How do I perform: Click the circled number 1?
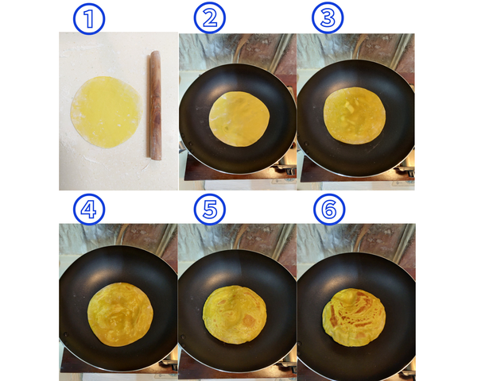click(x=89, y=19)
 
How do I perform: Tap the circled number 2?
click(x=210, y=17)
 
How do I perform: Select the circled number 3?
click(x=328, y=17)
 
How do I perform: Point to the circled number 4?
click(x=89, y=210)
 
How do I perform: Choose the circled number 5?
click(x=210, y=210)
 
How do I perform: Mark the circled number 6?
click(x=329, y=210)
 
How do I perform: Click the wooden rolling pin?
click(x=155, y=105)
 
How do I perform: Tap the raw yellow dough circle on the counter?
click(x=107, y=112)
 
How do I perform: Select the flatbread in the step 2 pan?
click(x=239, y=119)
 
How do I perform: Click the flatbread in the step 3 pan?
click(x=355, y=115)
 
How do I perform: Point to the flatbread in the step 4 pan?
click(x=121, y=314)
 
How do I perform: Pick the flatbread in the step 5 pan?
click(x=235, y=315)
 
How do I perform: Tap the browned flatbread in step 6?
click(x=354, y=317)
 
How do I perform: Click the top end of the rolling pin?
click(x=156, y=52)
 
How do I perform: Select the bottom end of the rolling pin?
click(x=156, y=159)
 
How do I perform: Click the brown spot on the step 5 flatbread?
click(x=249, y=320)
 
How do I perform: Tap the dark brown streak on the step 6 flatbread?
click(x=333, y=316)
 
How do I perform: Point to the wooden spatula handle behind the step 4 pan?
click(x=120, y=235)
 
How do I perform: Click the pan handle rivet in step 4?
click(x=65, y=335)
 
